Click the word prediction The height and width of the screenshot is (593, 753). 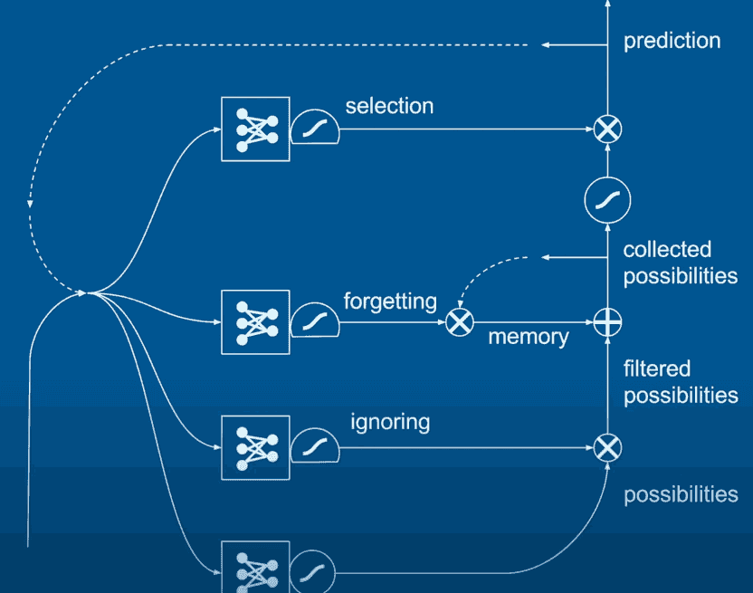click(672, 42)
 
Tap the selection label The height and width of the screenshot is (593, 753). click(389, 106)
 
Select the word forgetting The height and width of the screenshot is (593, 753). click(390, 302)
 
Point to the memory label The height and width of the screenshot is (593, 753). click(529, 338)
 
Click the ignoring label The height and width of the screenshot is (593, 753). click(390, 423)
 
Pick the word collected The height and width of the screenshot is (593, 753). click(667, 250)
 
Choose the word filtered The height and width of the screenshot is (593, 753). click(656, 369)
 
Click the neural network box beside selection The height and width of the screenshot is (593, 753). click(255, 129)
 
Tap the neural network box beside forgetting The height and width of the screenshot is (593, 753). click(255, 322)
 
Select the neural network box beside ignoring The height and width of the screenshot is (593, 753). click(255, 448)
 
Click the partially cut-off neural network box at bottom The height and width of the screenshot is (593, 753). click(255, 567)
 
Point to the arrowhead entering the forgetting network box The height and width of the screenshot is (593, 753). click(217, 322)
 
